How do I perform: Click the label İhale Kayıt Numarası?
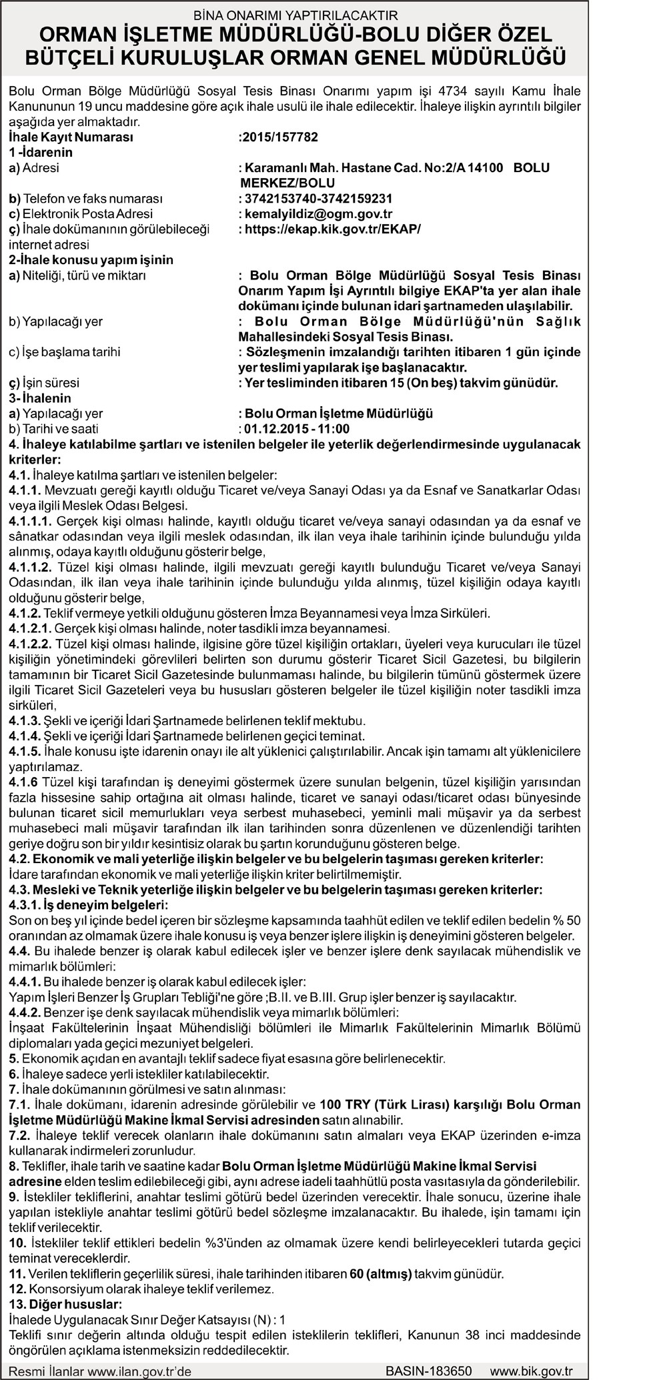click(x=71, y=137)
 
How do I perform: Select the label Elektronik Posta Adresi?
click(x=81, y=213)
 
